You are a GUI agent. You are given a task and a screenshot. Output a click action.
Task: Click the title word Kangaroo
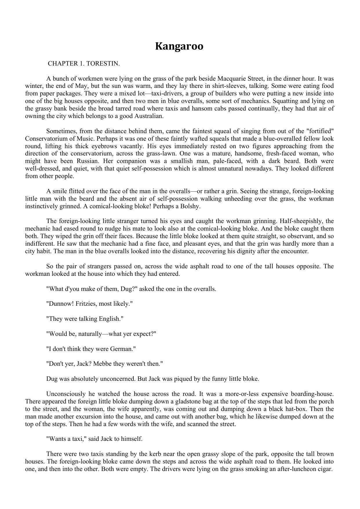click(x=179, y=46)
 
